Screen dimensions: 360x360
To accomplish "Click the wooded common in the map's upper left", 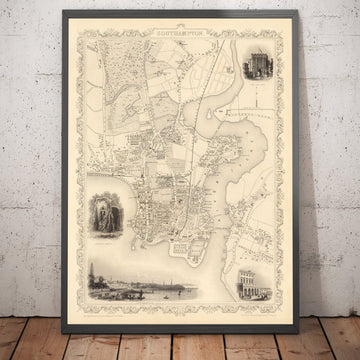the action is (x=110, y=75).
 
